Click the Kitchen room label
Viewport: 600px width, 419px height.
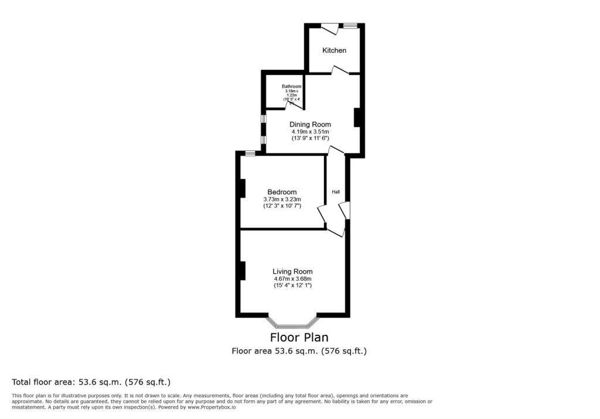pos(334,50)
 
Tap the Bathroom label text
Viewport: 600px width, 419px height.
pos(291,87)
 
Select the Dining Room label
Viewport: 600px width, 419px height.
pos(310,124)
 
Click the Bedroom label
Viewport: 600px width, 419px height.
pos(282,192)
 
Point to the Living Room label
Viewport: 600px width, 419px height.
pos(292,272)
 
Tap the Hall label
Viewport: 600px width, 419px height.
pos(336,192)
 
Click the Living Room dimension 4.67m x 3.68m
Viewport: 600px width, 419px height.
pos(292,279)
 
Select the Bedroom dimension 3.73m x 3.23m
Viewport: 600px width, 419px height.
pos(282,199)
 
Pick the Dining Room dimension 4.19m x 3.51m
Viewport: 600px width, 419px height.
pos(310,131)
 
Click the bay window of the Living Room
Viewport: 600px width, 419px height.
pos(293,322)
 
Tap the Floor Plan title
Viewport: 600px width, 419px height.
pos(299,338)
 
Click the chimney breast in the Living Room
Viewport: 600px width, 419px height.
pos(241,270)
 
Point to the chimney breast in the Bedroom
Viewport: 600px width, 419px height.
pos(241,188)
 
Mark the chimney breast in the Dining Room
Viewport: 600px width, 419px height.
pos(356,118)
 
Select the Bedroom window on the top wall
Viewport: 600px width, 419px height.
pos(250,153)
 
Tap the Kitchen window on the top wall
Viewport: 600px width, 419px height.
pos(350,26)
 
